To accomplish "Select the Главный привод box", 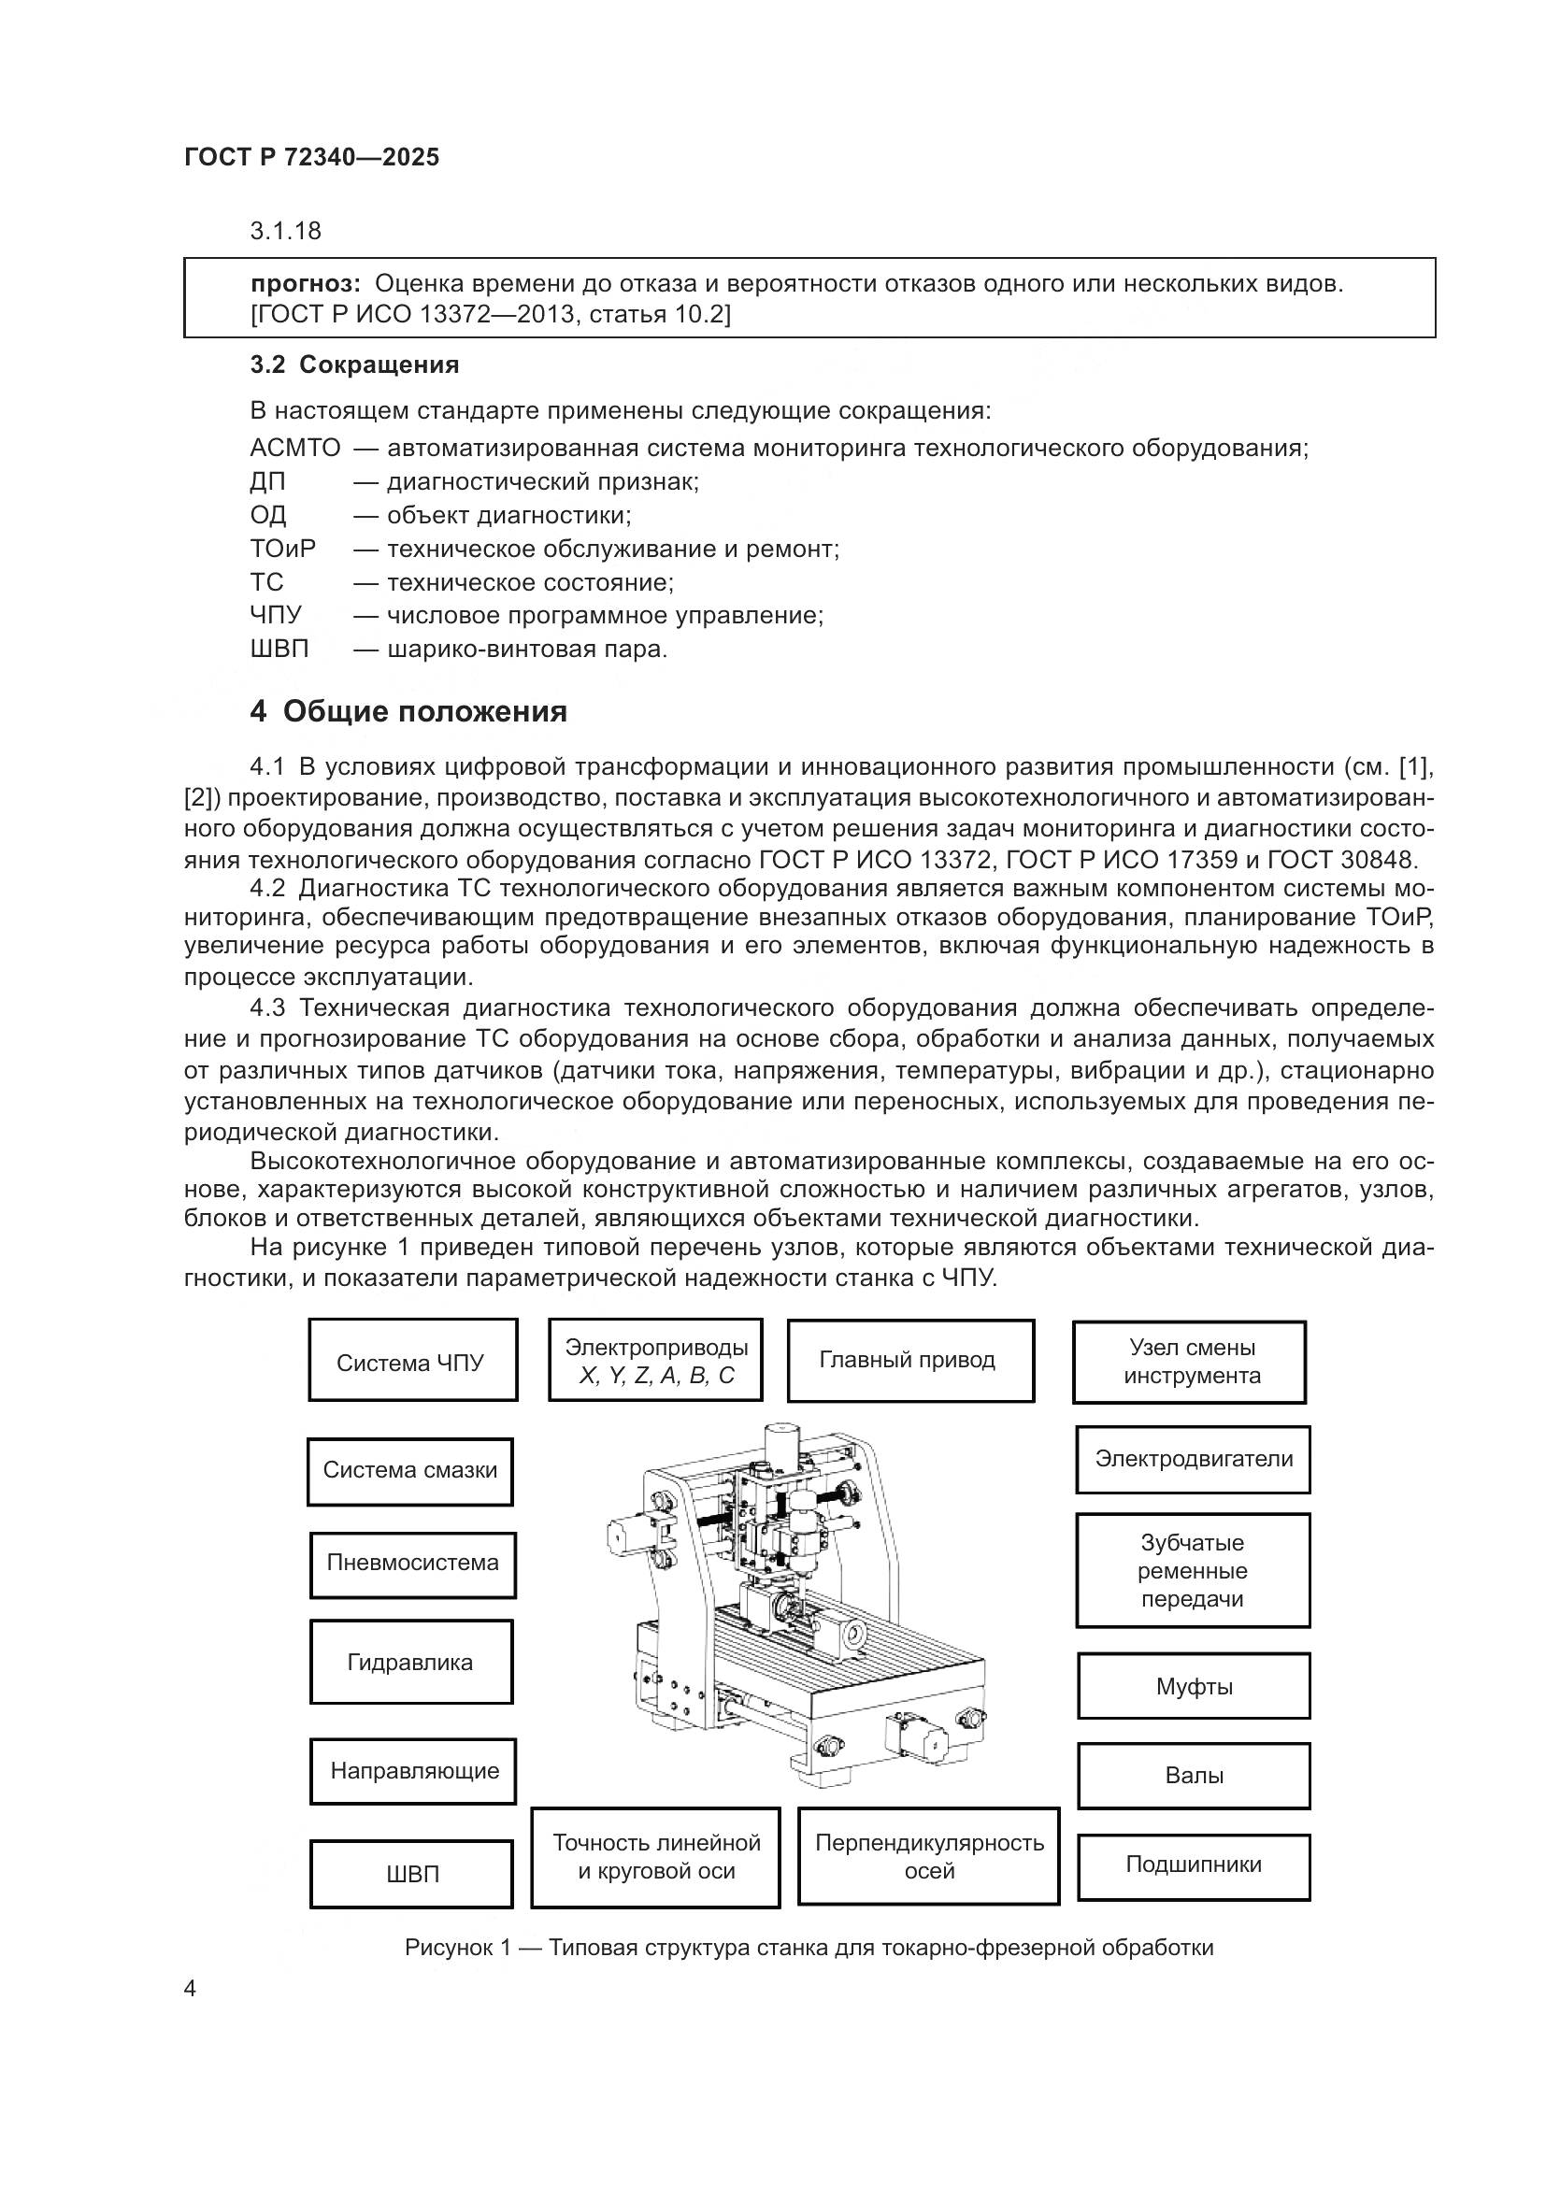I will (910, 1360).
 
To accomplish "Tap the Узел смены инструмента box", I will (1189, 1362).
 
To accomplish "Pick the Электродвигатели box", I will (1193, 1459).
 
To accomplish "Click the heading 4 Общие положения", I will (408, 711).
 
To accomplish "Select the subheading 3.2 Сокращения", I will (354, 364).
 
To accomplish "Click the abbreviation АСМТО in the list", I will (295, 448).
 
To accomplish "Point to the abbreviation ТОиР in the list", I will (282, 549).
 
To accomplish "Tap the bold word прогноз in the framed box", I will (306, 283).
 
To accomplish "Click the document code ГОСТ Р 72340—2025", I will (311, 157).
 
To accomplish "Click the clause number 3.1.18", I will (286, 231).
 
